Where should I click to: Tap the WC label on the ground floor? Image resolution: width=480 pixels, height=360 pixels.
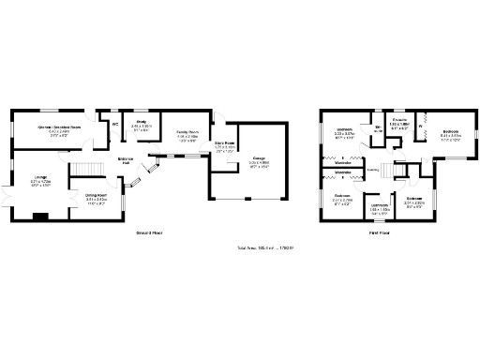point(115,123)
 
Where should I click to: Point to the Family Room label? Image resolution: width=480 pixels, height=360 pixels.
point(189,133)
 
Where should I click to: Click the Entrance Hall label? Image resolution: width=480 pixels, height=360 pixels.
point(126,160)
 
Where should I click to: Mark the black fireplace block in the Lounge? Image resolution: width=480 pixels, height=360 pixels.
point(39,217)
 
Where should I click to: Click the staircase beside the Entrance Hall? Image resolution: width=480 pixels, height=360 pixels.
point(88,169)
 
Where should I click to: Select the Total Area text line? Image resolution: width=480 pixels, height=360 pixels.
point(264,247)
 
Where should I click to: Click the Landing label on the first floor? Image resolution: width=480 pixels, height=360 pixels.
point(373,170)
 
